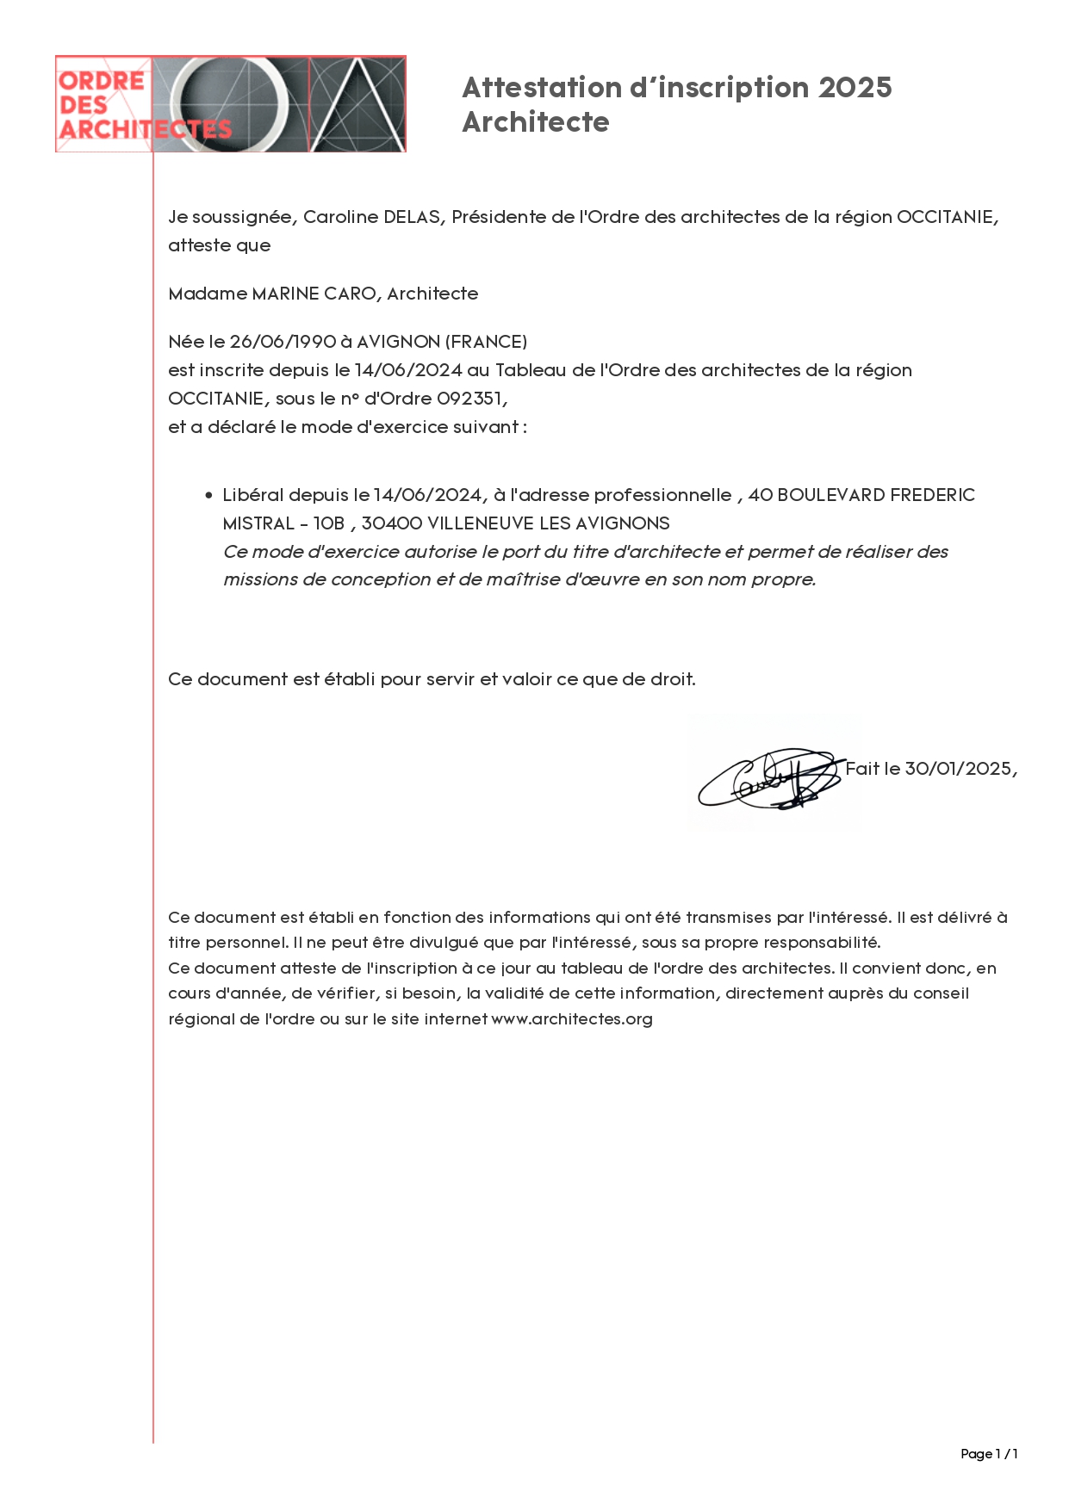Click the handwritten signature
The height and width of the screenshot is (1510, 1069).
pos(768,777)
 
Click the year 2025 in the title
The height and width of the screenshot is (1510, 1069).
pos(855,88)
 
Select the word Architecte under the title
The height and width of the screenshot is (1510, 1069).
pos(535,122)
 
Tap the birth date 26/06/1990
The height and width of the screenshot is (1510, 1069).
pos(283,342)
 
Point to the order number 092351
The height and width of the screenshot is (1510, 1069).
pos(471,399)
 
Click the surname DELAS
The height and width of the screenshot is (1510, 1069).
pos(413,217)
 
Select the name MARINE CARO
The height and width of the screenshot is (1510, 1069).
pos(314,294)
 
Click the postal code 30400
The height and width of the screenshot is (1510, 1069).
pos(391,523)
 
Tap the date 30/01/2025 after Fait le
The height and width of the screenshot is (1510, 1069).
pos(959,769)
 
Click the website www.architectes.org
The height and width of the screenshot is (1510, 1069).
pos(572,1019)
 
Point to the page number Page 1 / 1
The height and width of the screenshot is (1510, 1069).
pos(989,1454)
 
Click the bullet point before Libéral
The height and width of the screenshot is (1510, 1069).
pos(208,496)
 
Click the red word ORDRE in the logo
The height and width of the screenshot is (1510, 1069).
pos(101,81)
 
